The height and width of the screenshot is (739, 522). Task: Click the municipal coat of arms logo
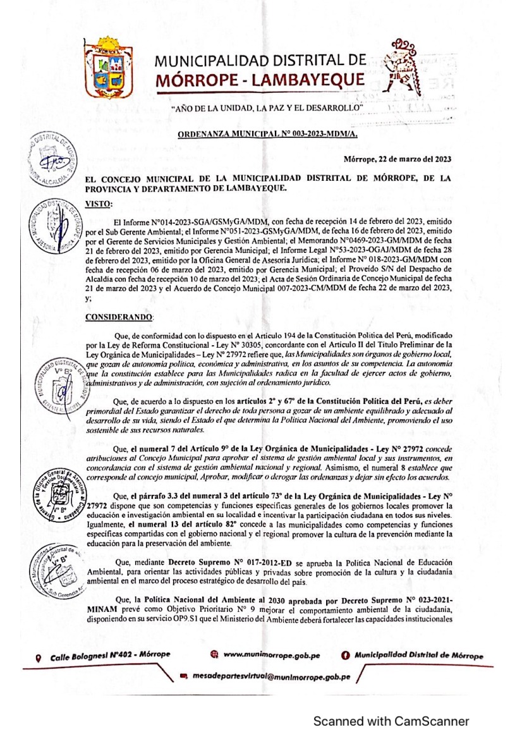pyautogui.click(x=109, y=68)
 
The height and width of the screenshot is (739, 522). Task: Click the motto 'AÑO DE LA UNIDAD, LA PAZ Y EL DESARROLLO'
pyautogui.click(x=269, y=110)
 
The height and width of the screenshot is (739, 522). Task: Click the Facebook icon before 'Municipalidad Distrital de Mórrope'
pyautogui.click(x=346, y=656)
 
